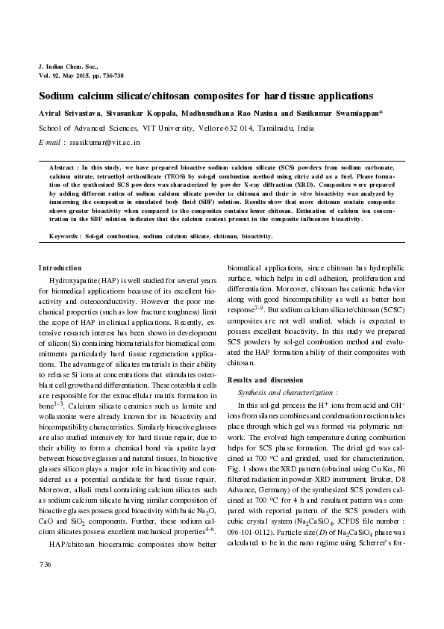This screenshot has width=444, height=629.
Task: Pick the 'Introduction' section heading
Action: point(60,267)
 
